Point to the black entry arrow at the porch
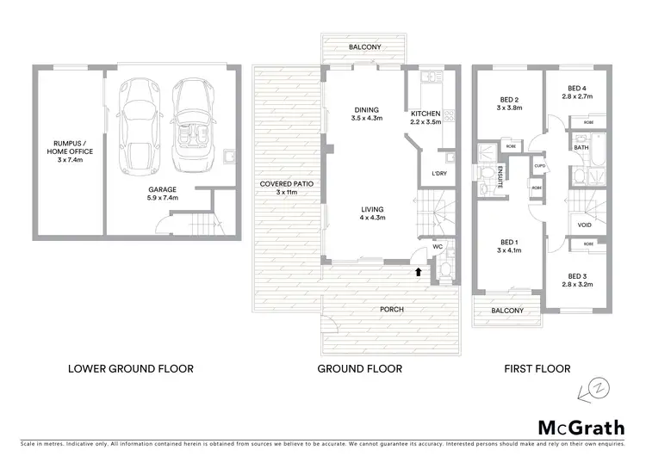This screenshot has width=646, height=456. point(419,272)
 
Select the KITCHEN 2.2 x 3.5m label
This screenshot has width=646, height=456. point(425,119)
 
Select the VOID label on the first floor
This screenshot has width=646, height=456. point(585,226)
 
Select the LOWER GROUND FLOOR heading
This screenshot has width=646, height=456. point(130,368)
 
